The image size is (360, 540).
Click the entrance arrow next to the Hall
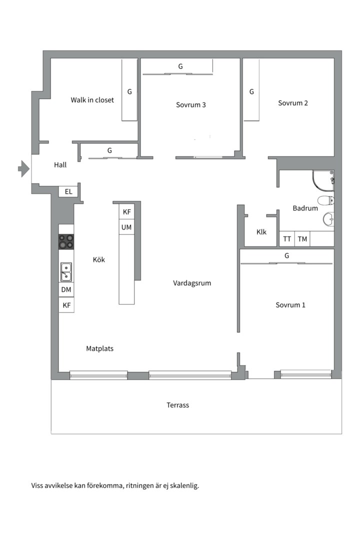[24, 169]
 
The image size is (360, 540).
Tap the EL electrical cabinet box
[68, 191]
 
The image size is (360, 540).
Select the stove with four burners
[66, 241]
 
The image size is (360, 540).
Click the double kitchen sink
[66, 271]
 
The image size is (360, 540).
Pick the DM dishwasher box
[66, 289]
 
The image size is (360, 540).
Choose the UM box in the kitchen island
[126, 227]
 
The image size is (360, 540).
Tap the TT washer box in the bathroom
[287, 238]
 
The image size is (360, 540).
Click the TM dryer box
[302, 238]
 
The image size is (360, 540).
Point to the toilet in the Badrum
[326, 200]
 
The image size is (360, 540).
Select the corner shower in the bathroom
[323, 180]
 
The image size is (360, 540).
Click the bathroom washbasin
[328, 218]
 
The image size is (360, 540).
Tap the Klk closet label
[261, 232]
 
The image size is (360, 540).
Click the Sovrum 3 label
[191, 104]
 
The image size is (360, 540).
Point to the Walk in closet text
[92, 100]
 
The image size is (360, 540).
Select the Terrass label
[178, 405]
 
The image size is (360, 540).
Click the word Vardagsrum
[192, 283]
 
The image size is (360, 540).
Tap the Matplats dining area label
[99, 348]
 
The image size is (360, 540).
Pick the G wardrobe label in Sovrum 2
[251, 91]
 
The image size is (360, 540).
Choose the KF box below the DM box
[66, 305]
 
